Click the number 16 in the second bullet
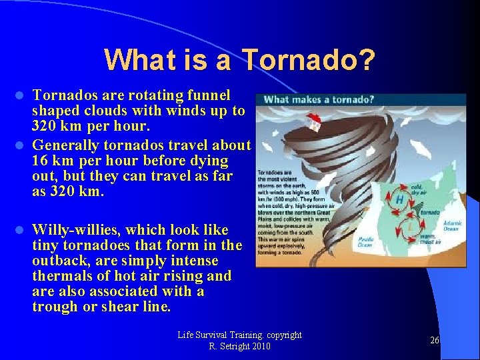(x=41, y=161)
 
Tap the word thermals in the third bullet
(x=61, y=276)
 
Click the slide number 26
(x=434, y=340)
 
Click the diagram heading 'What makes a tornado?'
(x=319, y=100)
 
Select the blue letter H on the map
(x=399, y=199)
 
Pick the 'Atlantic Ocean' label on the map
(x=452, y=227)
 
